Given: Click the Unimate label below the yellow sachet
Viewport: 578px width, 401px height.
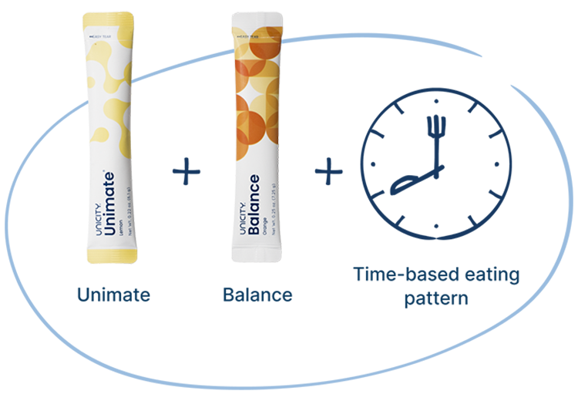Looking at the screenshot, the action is (x=113, y=295).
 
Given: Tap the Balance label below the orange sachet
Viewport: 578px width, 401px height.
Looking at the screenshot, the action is (x=257, y=295).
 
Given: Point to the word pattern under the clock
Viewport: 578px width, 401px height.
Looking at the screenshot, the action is (x=436, y=298).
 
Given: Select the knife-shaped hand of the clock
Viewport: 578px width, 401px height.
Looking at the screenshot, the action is (x=412, y=181).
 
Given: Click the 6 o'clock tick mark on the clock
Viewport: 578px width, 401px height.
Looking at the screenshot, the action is (x=437, y=227).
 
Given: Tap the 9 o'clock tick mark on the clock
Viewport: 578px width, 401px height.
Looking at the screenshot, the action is (x=375, y=165).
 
